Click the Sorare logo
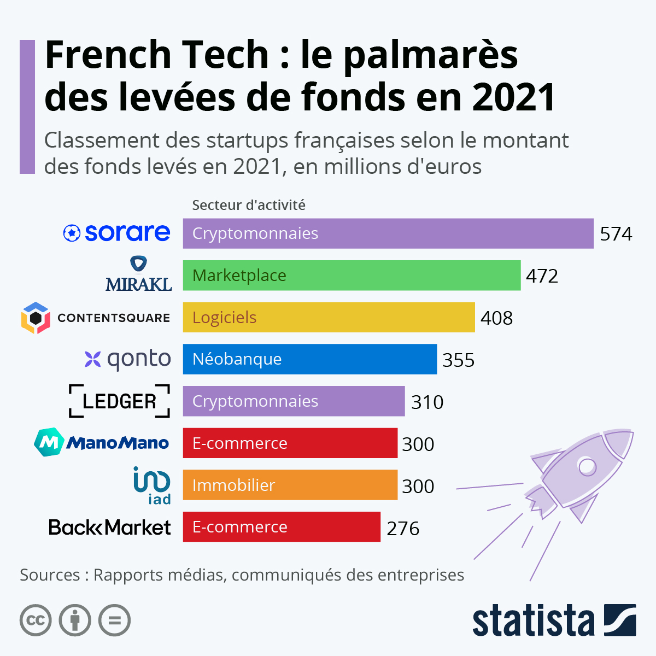pyautogui.click(x=117, y=233)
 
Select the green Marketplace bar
pyautogui.click(x=352, y=276)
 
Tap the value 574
pyautogui.click(x=616, y=234)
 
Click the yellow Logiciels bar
pyautogui.click(x=329, y=318)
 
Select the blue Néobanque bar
pyautogui.click(x=309, y=359)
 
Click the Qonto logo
pyautogui.click(x=128, y=360)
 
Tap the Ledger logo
pyautogui.click(x=119, y=401)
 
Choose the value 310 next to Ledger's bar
pyautogui.click(x=427, y=402)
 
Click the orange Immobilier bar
pyautogui.click(x=290, y=485)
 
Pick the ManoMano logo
pyautogui.click(x=102, y=443)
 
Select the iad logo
pyautogui.click(x=152, y=485)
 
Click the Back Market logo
pyautogui.click(x=110, y=528)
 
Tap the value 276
pyautogui.click(x=403, y=529)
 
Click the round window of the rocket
pyautogui.click(x=587, y=466)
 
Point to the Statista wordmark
pyautogui.click(x=533, y=621)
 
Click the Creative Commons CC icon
pyautogui.click(x=36, y=620)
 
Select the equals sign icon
pyautogui.click(x=115, y=620)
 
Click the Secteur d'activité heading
pyautogui.click(x=249, y=205)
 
